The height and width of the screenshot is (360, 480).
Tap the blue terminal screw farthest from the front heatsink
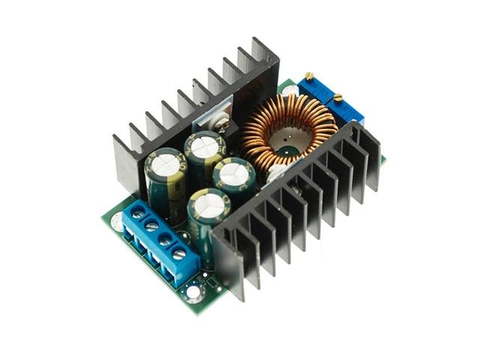pos(138,213)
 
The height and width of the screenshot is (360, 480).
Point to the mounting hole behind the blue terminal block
pos(117,220)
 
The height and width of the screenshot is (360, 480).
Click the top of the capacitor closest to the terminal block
pos(166,161)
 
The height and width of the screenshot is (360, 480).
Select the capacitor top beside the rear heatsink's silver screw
pos(203,145)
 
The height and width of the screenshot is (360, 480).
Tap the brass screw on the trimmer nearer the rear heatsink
pos(309,76)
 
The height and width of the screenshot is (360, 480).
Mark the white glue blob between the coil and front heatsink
pos(275,172)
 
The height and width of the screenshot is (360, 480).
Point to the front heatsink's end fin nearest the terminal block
pos(229,262)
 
